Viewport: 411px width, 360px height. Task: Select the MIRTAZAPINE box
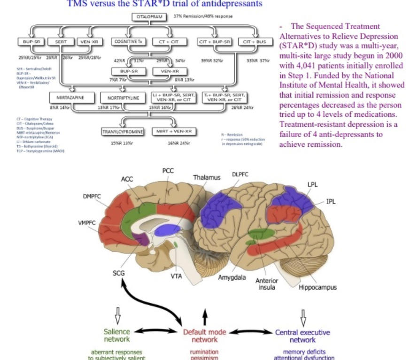[x=70, y=98]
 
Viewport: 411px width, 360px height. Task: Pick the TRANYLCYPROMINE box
[x=122, y=132]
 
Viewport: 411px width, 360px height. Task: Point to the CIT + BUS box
[x=254, y=42]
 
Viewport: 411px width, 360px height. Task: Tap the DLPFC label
[x=240, y=174]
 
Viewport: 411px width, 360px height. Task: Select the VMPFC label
[x=87, y=222]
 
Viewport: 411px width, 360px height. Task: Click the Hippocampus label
[x=318, y=287]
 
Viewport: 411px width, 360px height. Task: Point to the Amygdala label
[x=232, y=277]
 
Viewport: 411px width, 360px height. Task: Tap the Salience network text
[x=116, y=336]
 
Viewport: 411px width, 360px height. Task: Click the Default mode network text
[x=204, y=336]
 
